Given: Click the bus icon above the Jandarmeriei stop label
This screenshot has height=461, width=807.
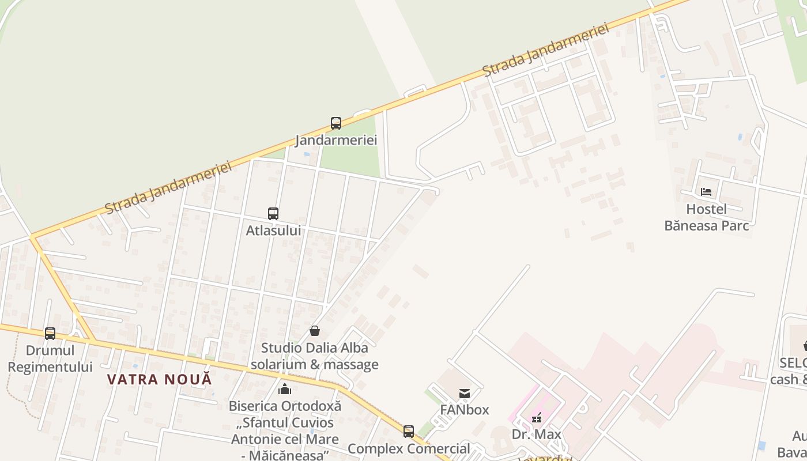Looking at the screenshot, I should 336,123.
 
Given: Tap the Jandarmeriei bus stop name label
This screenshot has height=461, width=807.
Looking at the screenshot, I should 336,140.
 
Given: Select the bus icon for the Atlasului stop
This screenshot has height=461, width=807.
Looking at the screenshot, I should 273,214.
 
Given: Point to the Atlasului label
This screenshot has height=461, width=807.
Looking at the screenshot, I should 273,231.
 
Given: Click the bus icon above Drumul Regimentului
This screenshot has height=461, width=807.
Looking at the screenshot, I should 50,334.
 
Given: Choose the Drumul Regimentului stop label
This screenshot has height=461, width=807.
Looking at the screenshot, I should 50,358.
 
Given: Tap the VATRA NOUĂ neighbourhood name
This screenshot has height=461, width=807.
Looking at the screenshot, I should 160,379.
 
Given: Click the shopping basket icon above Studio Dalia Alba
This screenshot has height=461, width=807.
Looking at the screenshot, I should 315,331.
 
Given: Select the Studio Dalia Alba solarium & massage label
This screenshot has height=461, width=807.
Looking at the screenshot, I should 315,356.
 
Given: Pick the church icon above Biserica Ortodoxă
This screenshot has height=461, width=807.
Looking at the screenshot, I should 285,390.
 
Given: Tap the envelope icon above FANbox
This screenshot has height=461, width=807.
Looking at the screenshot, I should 465,394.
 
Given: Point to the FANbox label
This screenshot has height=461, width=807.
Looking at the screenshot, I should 465,410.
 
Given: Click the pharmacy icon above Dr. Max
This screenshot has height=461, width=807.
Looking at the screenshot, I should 537,418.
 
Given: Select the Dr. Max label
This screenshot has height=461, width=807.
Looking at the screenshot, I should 537,434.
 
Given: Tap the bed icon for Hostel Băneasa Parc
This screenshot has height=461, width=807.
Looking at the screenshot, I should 706,192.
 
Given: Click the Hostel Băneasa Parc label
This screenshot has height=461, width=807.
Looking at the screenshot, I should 707,217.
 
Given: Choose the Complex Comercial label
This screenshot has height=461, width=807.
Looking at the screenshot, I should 409,448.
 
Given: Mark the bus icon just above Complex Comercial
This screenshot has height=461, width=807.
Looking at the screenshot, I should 409,431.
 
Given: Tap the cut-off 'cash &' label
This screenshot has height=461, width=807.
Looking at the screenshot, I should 789,379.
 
